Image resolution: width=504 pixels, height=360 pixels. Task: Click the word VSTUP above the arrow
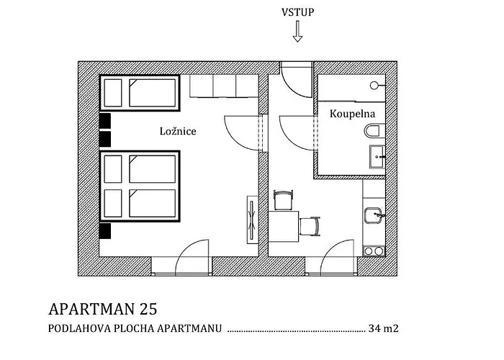[x=297, y=12]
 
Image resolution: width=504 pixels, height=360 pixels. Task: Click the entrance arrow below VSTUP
[x=297, y=32]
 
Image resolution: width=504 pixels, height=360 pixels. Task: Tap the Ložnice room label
[x=178, y=131]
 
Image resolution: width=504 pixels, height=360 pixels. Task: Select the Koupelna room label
[x=352, y=114]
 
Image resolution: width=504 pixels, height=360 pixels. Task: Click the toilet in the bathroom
[x=374, y=131]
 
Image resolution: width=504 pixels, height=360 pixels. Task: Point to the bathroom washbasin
[x=377, y=156]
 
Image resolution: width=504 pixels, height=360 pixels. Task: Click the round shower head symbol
[x=374, y=86]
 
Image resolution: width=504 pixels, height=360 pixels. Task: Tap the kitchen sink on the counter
[x=373, y=215]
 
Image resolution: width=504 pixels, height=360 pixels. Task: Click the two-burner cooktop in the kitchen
[x=374, y=251]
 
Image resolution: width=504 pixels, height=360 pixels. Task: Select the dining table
[x=284, y=226]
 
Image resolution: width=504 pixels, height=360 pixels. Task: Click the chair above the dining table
[x=284, y=200]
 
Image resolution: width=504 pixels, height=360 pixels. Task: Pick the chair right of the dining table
[x=310, y=226]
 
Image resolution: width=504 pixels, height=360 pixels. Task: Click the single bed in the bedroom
[x=140, y=93]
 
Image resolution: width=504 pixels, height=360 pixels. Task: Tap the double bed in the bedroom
[x=140, y=186]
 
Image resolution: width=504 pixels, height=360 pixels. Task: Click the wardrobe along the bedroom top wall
[x=224, y=86]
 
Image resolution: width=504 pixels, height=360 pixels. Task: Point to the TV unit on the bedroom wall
[x=252, y=220]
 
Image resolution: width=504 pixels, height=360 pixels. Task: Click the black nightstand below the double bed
[x=105, y=231]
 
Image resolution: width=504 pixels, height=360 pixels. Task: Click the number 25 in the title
[x=148, y=309]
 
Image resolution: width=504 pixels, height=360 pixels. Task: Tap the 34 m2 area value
[x=384, y=328]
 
